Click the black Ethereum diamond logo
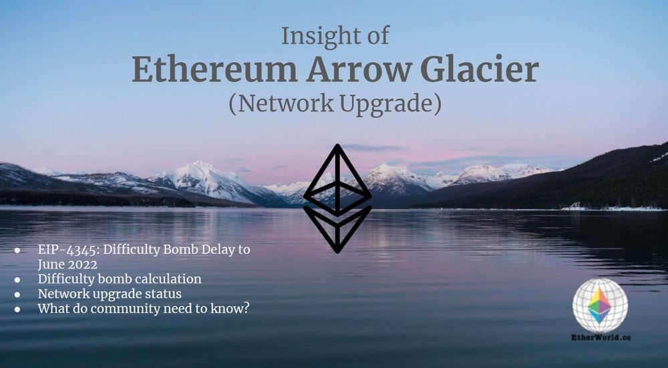(x=337, y=198)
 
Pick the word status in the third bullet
(x=164, y=294)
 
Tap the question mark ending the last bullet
(x=246, y=309)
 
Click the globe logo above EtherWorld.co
(x=599, y=305)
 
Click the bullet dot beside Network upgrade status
(x=17, y=295)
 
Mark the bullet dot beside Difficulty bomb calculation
(x=17, y=280)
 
